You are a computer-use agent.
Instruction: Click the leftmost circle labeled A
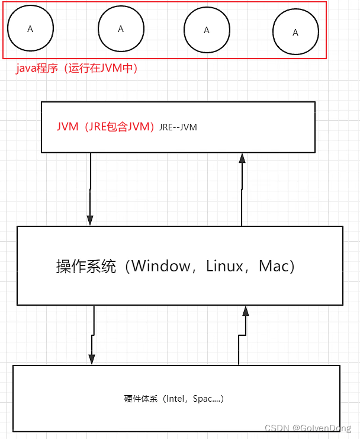[31, 28]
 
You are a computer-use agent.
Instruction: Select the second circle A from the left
[121, 28]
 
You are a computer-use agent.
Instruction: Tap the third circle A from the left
[207, 30]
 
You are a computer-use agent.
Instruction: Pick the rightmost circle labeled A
[295, 33]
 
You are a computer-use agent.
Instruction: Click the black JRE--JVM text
[178, 127]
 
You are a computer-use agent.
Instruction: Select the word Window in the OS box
[161, 266]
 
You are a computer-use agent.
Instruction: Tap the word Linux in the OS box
[224, 266]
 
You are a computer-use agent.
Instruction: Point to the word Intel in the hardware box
[178, 399]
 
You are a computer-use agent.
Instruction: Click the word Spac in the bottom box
[202, 399]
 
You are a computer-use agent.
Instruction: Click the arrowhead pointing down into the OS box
[90, 220]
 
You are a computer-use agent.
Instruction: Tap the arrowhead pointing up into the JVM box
[242, 157]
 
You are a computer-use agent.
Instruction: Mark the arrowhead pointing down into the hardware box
[92, 359]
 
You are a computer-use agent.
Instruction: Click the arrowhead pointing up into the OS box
[245, 311]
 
